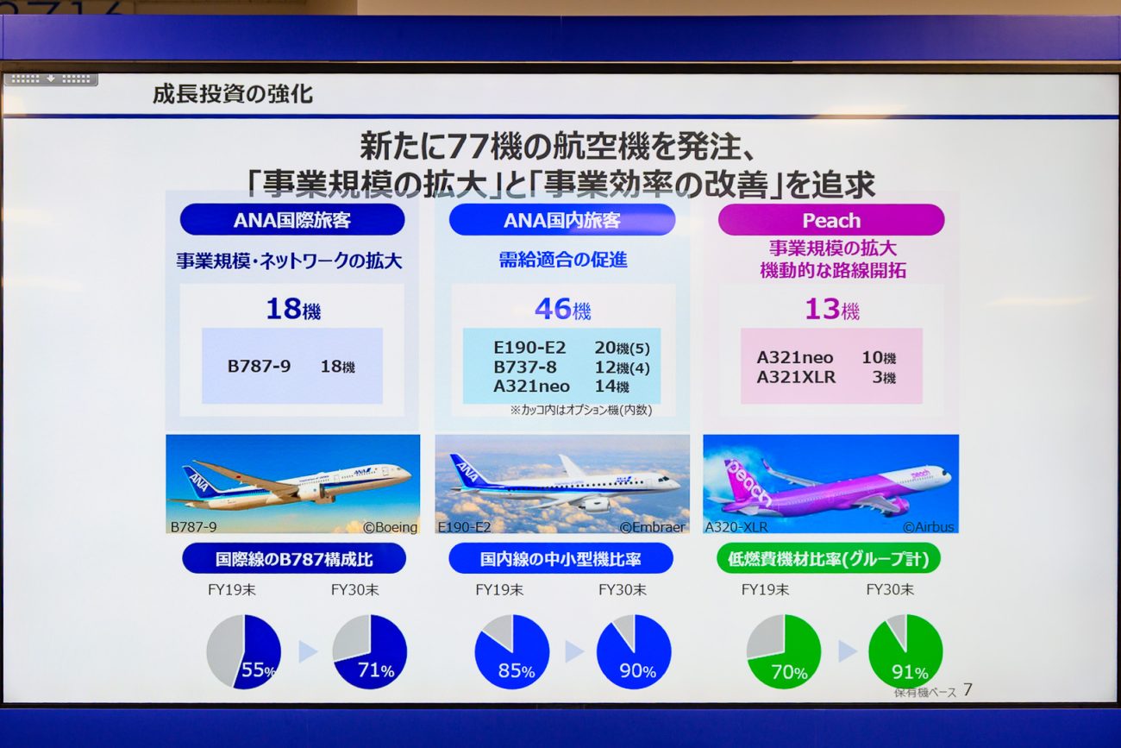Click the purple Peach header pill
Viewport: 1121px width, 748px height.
tap(831, 220)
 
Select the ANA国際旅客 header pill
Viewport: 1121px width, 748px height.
tap(292, 219)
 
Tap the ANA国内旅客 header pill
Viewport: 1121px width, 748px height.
tap(562, 219)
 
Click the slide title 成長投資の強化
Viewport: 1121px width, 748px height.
tap(233, 94)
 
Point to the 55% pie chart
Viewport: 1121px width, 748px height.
tap(244, 651)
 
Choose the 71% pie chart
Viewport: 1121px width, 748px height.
tap(370, 651)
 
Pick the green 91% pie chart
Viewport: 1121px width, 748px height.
tap(905, 651)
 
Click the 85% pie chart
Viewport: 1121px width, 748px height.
tap(512, 651)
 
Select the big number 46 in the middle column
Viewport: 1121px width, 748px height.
tap(553, 308)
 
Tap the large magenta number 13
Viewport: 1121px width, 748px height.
tap(822, 309)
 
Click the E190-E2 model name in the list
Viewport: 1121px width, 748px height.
tap(529, 347)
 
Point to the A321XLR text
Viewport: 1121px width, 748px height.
tap(796, 377)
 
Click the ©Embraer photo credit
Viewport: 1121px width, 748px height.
tap(653, 526)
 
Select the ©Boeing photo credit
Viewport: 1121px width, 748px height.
tap(390, 527)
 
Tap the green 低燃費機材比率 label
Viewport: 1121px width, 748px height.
tap(828, 558)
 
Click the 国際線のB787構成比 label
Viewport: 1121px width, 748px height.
tap(294, 558)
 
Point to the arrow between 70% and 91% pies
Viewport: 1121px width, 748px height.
tap(848, 651)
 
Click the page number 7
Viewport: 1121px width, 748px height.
tap(968, 689)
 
